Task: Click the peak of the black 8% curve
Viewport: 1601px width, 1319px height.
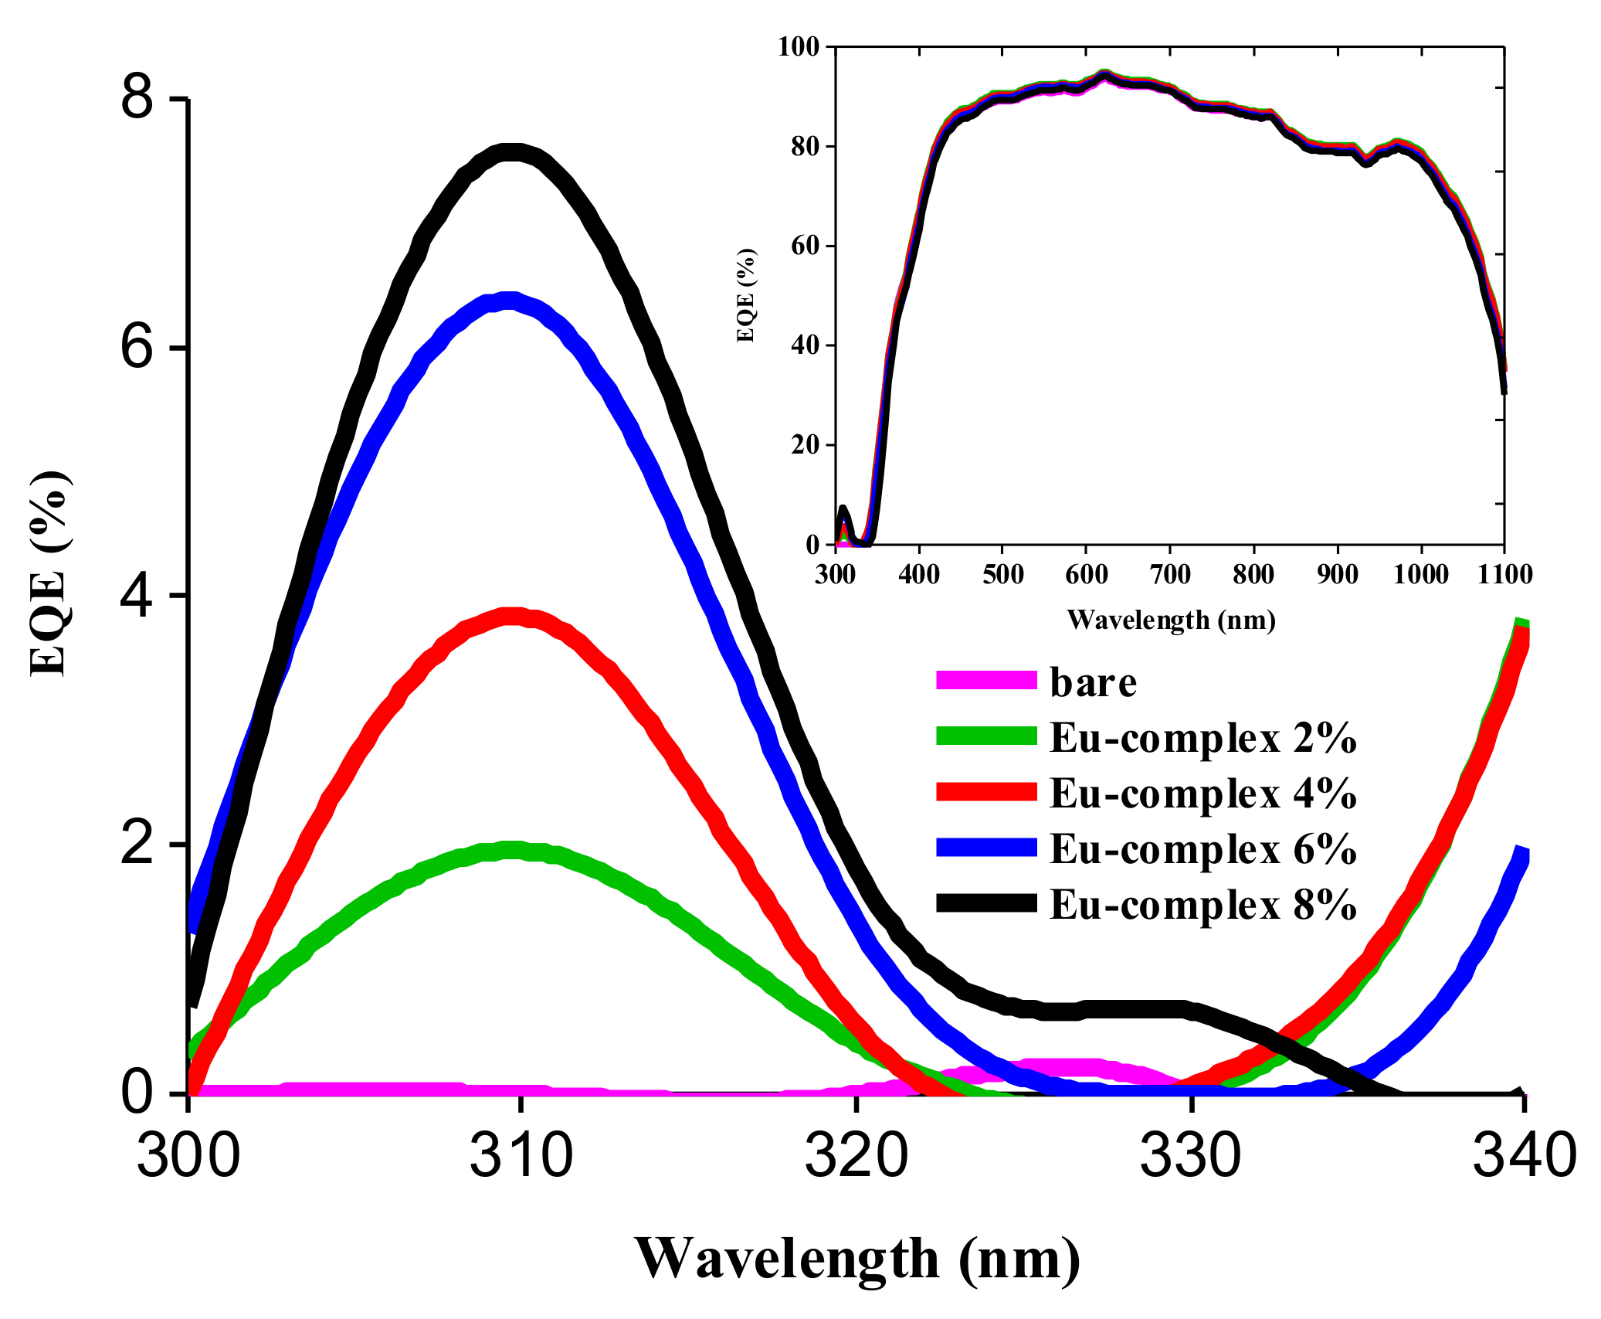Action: pos(510,153)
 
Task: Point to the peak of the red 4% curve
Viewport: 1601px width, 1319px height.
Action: pos(513,617)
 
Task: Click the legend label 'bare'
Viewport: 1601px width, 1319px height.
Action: pos(1093,682)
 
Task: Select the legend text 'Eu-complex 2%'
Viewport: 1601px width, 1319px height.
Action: pos(1202,738)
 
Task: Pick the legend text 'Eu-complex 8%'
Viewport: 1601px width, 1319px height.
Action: pos(1202,905)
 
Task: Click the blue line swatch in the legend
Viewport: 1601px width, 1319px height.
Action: pos(986,848)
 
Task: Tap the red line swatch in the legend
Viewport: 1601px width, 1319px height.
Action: pos(986,792)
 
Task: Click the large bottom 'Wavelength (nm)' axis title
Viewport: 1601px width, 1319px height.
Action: pos(857,1259)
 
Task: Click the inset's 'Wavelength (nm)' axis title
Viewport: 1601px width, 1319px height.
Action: pos(1171,620)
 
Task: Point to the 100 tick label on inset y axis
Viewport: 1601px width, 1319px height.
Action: pos(798,47)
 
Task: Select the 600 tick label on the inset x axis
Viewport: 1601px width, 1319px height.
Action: pos(1086,575)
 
